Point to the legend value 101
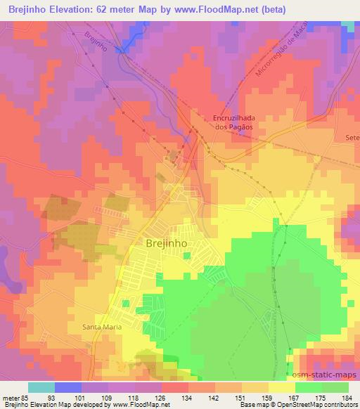tap(88, 397)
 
